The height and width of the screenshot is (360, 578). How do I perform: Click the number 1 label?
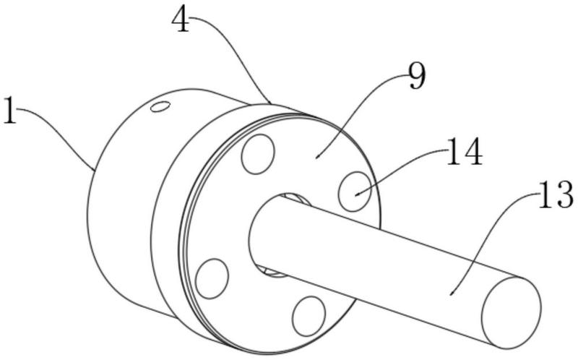10,111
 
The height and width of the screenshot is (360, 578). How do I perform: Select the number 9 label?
418,77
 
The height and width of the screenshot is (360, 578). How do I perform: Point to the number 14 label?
465,152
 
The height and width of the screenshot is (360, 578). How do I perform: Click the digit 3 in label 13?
564,194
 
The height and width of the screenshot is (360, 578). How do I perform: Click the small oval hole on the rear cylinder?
160,107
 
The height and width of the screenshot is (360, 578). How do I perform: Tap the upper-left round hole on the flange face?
258,154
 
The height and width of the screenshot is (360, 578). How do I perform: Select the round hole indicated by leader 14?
355,192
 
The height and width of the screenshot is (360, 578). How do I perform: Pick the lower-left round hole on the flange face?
212,279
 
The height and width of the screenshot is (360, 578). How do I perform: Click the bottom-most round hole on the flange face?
309,316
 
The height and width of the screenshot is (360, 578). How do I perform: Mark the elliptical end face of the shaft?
512,313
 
